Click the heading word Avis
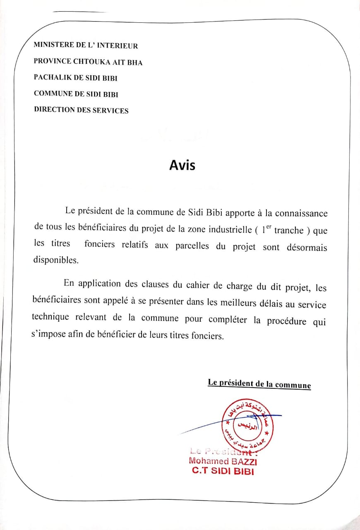pyautogui.click(x=182, y=165)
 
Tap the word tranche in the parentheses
pyautogui.click(x=289, y=231)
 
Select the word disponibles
pyautogui.click(x=55, y=260)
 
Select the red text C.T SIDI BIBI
pyautogui.click(x=223, y=471)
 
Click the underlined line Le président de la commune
pyautogui.click(x=259, y=383)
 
